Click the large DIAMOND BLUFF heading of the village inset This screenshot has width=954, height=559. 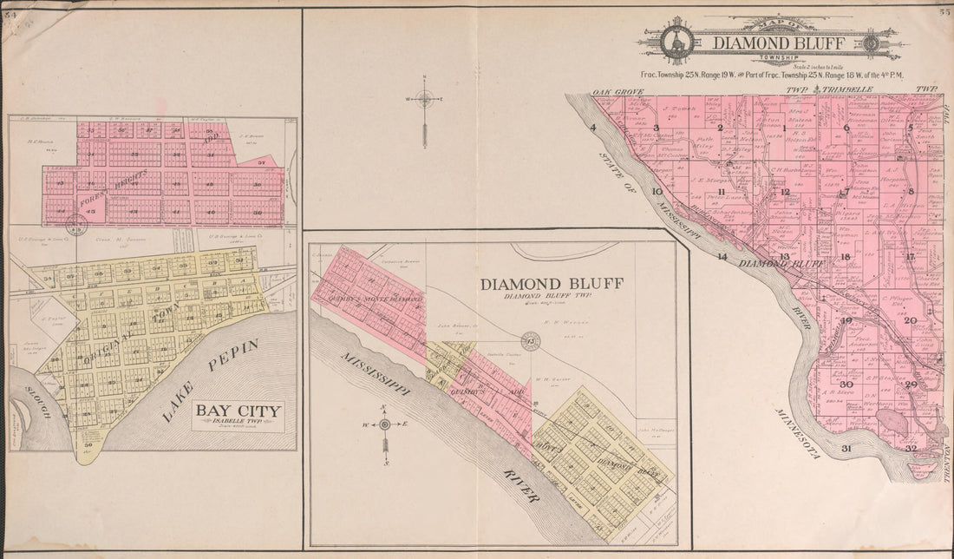pos(540,285)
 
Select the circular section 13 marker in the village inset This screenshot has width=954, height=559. pos(527,339)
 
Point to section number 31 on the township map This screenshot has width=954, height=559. pos(846,448)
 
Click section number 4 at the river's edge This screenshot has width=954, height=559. pos(593,128)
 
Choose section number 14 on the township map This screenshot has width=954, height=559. pos(722,257)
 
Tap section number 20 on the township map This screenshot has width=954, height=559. pos(910,320)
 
